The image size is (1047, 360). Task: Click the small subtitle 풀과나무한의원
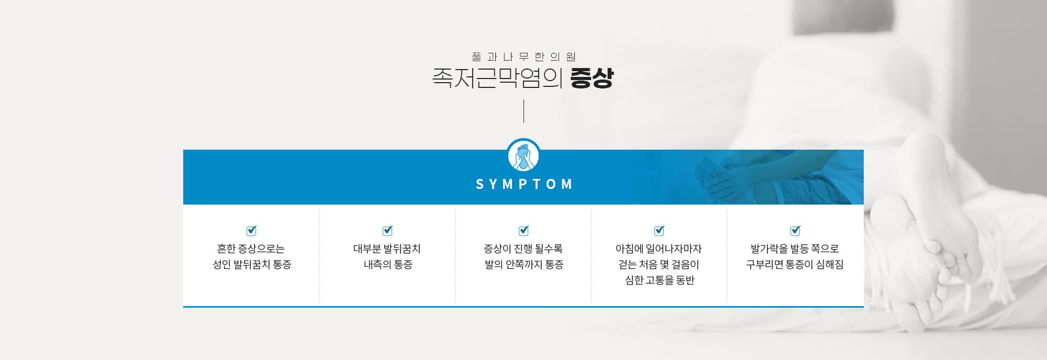tap(523, 57)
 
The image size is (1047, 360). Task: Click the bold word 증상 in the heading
tap(592, 78)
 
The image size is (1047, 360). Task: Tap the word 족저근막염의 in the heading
tap(497, 78)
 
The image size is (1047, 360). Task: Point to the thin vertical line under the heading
tap(523, 111)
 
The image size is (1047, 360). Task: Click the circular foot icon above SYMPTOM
tap(523, 155)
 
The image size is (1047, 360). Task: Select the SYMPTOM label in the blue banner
tap(524, 184)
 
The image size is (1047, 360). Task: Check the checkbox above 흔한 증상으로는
tap(252, 230)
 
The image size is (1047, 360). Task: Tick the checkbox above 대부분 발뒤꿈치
tap(388, 230)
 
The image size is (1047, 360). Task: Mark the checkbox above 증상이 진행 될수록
tap(523, 230)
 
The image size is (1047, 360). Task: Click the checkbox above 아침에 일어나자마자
tap(660, 230)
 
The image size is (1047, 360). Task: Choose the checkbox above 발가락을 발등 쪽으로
tap(796, 230)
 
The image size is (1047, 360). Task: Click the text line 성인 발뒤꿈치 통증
tap(252, 264)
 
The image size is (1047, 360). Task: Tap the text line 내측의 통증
tap(388, 264)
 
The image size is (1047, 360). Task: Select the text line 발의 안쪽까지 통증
tap(523, 264)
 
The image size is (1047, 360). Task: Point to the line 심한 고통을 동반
tap(660, 280)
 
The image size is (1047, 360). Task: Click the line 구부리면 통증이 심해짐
tap(795, 264)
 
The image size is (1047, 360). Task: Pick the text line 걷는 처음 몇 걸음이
tap(659, 264)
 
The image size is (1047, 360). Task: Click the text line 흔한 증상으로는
tap(251, 249)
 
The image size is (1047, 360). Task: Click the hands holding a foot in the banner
tap(733, 178)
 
